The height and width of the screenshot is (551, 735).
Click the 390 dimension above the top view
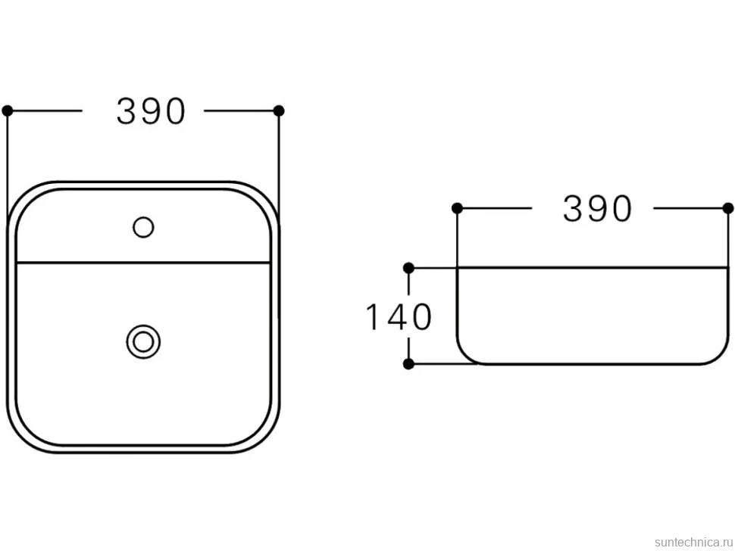pyautogui.click(x=151, y=111)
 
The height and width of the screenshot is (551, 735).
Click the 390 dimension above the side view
pyautogui.click(x=597, y=208)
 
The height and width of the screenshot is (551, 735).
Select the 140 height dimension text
pyautogui.click(x=399, y=317)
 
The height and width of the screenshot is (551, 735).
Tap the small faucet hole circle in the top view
pyautogui.click(x=143, y=228)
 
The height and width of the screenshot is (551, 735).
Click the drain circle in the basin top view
pyautogui.click(x=143, y=342)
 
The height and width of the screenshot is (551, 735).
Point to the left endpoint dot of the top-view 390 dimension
pyautogui.click(x=8, y=111)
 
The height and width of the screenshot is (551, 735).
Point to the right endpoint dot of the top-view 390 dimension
pyautogui.click(x=279, y=111)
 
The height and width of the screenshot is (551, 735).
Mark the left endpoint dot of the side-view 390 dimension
pyautogui.click(x=457, y=208)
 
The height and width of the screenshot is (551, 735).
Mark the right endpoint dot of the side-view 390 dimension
pyautogui.click(x=728, y=208)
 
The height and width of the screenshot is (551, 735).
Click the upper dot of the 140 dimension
pyautogui.click(x=408, y=268)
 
